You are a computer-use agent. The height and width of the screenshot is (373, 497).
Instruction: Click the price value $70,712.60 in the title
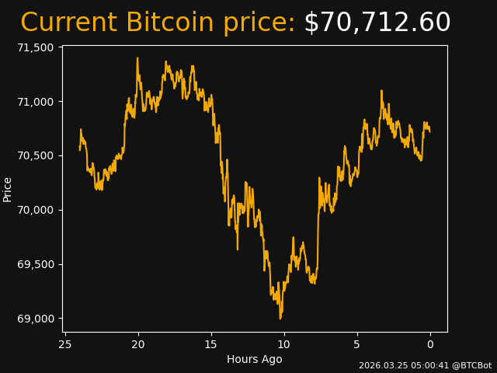pyautogui.click(x=377, y=23)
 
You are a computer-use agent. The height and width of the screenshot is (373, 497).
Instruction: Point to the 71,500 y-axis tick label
pyautogui.click(x=36, y=47)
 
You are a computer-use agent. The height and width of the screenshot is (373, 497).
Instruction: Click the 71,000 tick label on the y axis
pyautogui.click(x=36, y=102)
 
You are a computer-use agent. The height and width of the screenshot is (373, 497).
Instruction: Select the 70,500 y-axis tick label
pyautogui.click(x=36, y=156)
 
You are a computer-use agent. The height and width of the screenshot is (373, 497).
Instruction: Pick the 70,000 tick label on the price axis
pyautogui.click(x=36, y=210)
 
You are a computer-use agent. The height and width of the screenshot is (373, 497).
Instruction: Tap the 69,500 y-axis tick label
pyautogui.click(x=36, y=264)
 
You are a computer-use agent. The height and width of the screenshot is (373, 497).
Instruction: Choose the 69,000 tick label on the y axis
pyautogui.click(x=36, y=319)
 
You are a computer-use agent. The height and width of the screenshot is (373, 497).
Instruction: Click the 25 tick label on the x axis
pyautogui.click(x=65, y=344)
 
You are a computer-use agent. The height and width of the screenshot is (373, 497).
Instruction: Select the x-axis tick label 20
pyautogui.click(x=138, y=344)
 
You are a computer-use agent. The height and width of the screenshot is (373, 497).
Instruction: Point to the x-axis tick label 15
pyautogui.click(x=211, y=344)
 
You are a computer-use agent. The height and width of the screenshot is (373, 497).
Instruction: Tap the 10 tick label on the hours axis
pyautogui.click(x=284, y=344)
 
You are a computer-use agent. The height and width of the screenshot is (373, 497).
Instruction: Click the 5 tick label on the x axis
pyautogui.click(x=357, y=344)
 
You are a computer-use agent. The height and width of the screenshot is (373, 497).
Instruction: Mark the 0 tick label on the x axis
pyautogui.click(x=430, y=344)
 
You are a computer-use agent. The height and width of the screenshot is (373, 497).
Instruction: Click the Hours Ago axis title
pyautogui.click(x=254, y=359)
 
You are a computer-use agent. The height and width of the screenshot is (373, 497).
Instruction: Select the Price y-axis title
pyautogui.click(x=8, y=189)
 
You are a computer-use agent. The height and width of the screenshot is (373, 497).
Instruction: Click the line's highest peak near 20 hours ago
pyautogui.click(x=137, y=58)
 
